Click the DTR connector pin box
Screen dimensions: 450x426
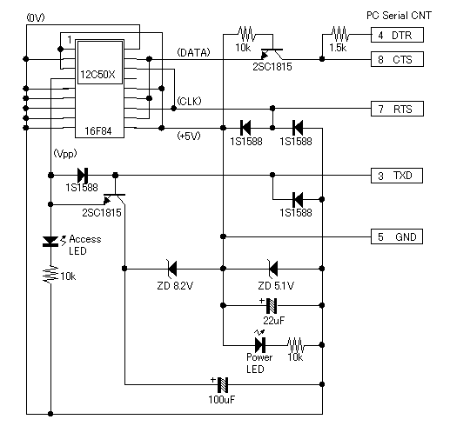397,35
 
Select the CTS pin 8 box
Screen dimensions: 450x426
397,59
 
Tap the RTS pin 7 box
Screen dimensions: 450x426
397,109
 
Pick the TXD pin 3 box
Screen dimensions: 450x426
397,176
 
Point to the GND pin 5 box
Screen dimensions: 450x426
397,236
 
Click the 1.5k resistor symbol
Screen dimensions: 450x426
340,34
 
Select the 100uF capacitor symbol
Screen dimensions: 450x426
223,384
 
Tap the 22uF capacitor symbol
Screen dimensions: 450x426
272,305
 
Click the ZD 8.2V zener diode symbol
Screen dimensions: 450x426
171,269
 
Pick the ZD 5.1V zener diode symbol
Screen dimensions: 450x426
272,269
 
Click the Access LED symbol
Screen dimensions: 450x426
50,242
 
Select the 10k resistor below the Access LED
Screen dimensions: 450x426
50,274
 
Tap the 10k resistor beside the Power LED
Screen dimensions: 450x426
296,345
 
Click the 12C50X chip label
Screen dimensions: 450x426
97,75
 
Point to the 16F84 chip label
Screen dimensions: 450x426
98,131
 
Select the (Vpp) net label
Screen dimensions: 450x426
65,153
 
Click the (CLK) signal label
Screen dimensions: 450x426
189,101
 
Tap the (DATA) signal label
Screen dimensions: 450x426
193,52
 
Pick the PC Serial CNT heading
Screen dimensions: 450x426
400,16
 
